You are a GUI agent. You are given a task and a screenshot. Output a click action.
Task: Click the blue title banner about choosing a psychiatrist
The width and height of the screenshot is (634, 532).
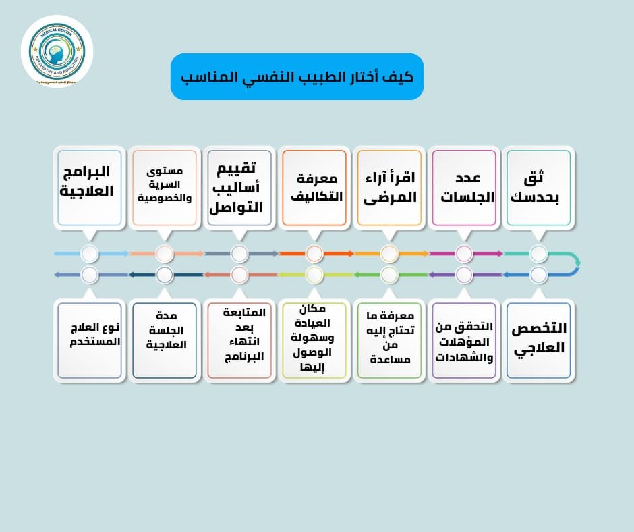pos(297,76)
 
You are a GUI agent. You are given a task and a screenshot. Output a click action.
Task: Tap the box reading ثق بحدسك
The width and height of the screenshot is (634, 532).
pos(538,187)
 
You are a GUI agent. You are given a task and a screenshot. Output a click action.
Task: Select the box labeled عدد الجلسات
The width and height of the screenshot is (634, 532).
pos(463,187)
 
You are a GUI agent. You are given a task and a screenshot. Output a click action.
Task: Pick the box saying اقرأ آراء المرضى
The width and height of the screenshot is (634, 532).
pos(389,187)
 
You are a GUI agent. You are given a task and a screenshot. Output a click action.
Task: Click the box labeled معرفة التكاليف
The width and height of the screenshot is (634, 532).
pos(314,187)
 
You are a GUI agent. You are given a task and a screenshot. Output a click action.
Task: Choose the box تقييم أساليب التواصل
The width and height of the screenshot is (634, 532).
pos(239,187)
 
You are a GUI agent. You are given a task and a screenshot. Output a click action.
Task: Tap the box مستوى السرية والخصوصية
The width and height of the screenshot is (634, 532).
pos(165,187)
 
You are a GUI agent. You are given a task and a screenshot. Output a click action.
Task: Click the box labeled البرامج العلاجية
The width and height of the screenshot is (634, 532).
pos(90,187)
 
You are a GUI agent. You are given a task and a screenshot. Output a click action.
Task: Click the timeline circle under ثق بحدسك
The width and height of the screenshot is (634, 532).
pos(538,254)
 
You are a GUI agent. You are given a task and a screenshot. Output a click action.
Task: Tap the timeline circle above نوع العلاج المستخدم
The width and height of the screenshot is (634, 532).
pos(90,275)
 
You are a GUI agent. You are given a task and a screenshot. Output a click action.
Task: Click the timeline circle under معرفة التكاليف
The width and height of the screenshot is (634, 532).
pos(314,254)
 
